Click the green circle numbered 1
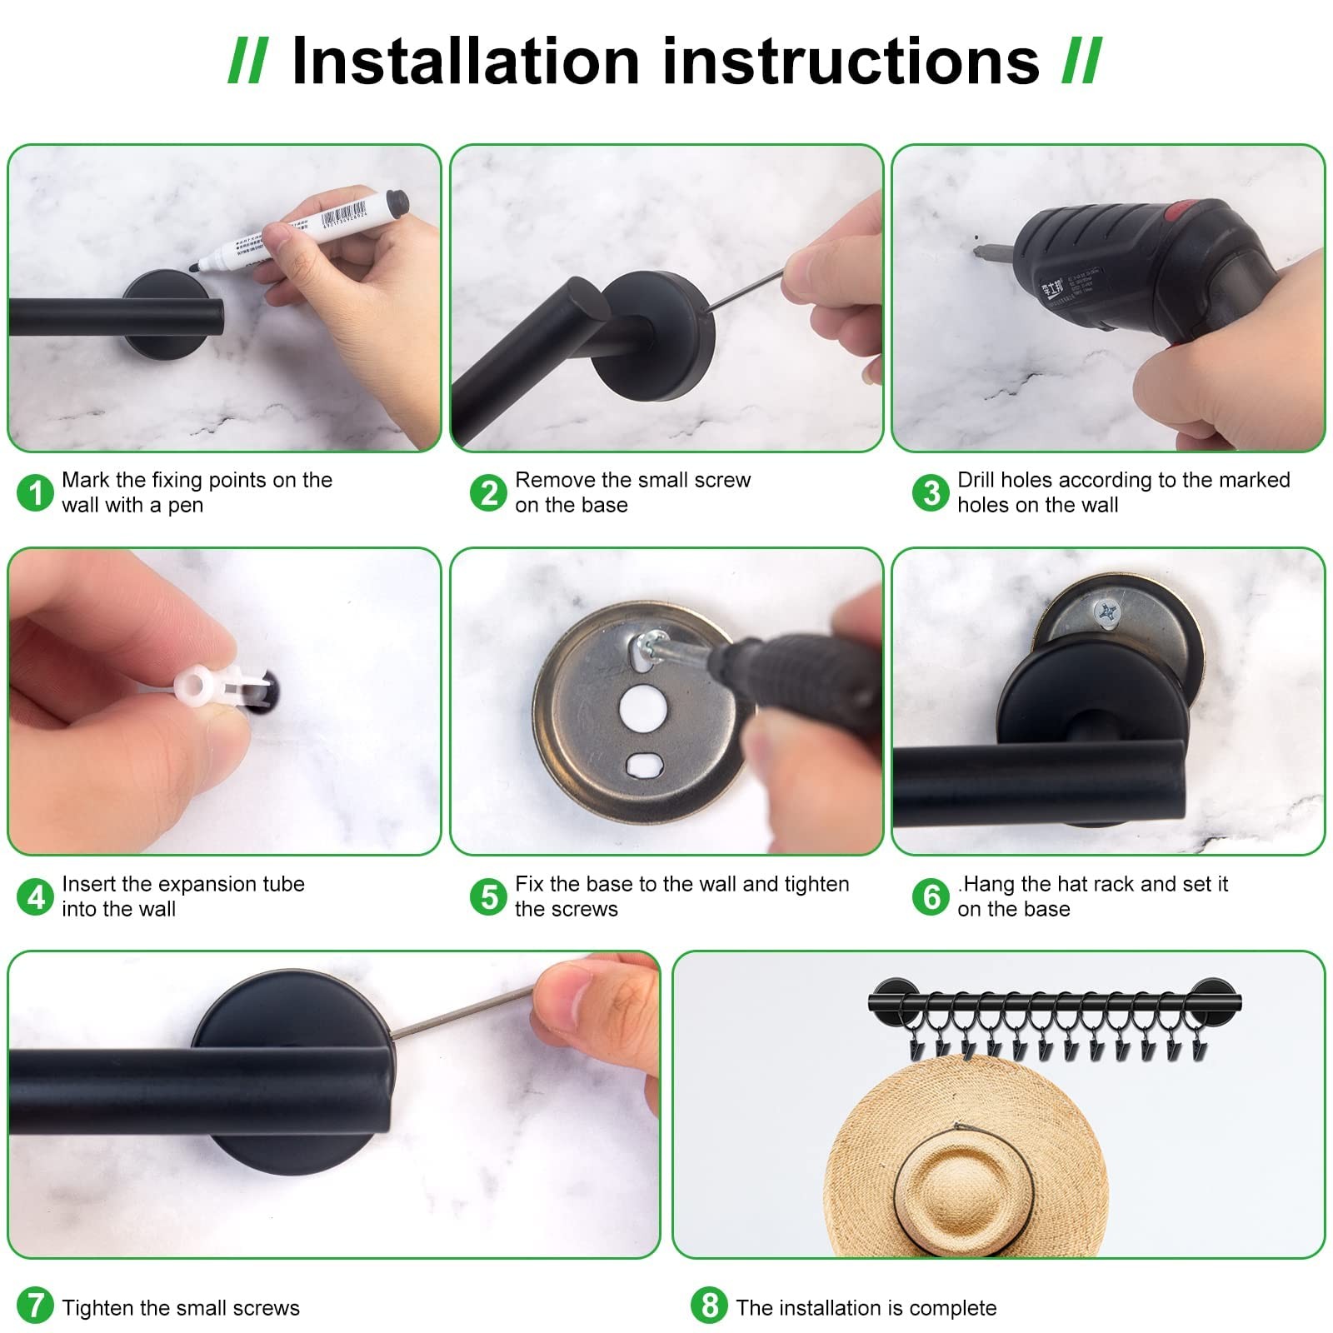coord(35,492)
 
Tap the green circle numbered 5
coord(488,896)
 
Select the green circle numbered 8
coord(709,1305)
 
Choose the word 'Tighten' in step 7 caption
coord(98,1308)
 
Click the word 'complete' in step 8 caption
coord(952,1308)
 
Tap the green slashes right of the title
coord(1082,61)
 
